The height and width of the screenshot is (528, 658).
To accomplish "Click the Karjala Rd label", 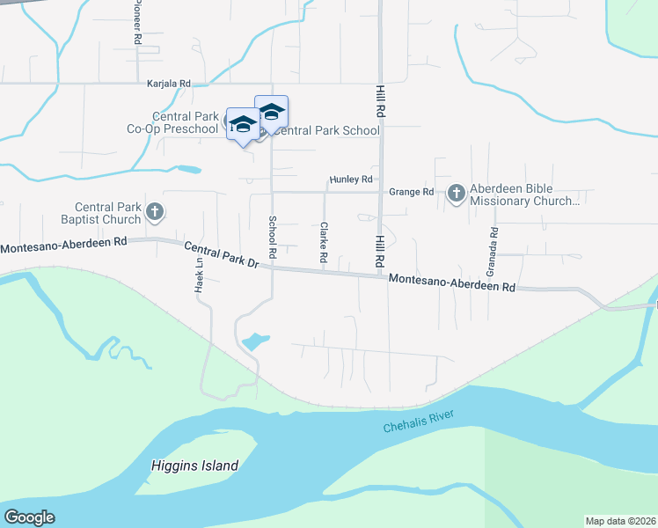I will (x=168, y=84).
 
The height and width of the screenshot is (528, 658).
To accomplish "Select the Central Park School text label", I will (x=327, y=130).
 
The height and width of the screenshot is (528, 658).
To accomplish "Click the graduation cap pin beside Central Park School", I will (x=271, y=112).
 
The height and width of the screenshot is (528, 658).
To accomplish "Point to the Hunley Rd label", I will (x=351, y=180).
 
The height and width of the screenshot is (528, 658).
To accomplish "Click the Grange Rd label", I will (x=412, y=192).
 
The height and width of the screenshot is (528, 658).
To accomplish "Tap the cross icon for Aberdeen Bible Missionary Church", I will (x=456, y=193).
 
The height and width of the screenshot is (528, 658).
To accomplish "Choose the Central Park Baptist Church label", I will (x=108, y=213).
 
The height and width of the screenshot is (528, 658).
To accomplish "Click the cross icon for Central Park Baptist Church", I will (x=155, y=211).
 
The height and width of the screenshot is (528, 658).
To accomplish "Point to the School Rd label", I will (x=273, y=237).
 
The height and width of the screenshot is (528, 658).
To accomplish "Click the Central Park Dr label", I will (x=222, y=256).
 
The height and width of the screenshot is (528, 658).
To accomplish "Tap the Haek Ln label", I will (x=199, y=275).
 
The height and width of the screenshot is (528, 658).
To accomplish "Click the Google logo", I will (x=29, y=517).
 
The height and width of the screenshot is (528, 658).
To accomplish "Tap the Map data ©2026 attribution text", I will (x=621, y=520).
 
